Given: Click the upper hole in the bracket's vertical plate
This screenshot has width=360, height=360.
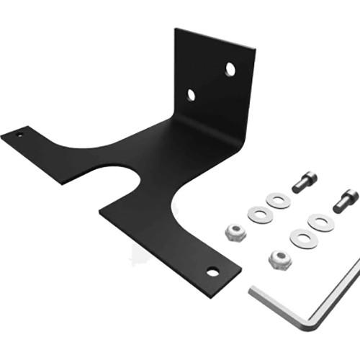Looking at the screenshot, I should click(x=230, y=69).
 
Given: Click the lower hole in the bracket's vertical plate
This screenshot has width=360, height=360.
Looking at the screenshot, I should click(x=192, y=94).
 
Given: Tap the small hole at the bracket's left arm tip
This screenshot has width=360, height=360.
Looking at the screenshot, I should click(x=20, y=133).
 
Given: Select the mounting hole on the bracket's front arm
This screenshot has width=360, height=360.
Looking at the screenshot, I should click(x=212, y=271).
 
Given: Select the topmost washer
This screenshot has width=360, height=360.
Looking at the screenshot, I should click(x=278, y=199).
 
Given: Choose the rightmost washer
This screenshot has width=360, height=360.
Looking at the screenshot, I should click(x=320, y=222).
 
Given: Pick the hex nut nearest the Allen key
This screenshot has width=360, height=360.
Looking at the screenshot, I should click(x=279, y=260).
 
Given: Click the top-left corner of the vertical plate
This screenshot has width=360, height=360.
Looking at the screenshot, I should click(x=176, y=30).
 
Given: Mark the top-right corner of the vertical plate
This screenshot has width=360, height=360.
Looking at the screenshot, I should click(x=255, y=50).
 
